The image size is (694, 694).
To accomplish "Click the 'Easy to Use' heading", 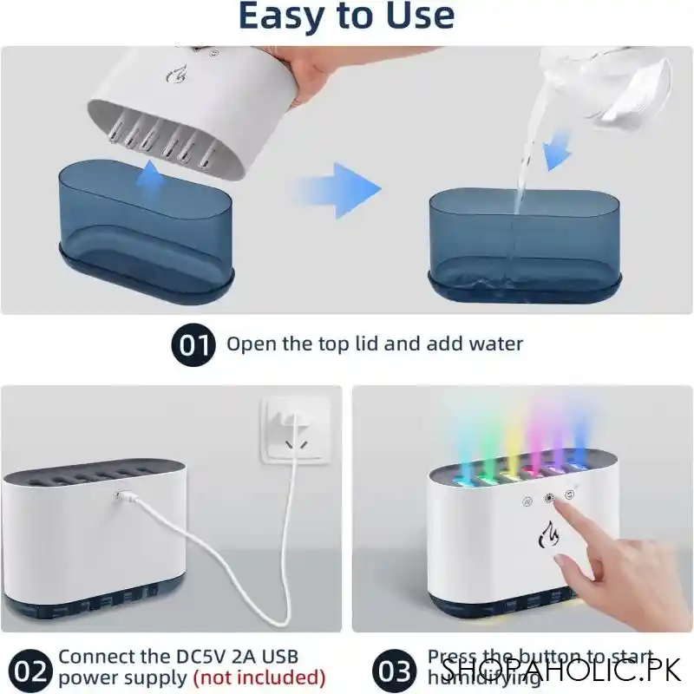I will pyautogui.click(x=345, y=17).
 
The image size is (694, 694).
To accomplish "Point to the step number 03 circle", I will pyautogui.click(x=396, y=670).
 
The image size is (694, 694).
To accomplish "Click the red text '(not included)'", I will pyautogui.click(x=259, y=678).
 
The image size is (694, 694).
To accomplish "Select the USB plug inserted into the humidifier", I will pyautogui.click(x=123, y=497).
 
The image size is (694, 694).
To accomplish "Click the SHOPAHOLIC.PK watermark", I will pyautogui.click(x=563, y=670).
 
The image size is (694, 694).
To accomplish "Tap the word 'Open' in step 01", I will pyautogui.click(x=252, y=344).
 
